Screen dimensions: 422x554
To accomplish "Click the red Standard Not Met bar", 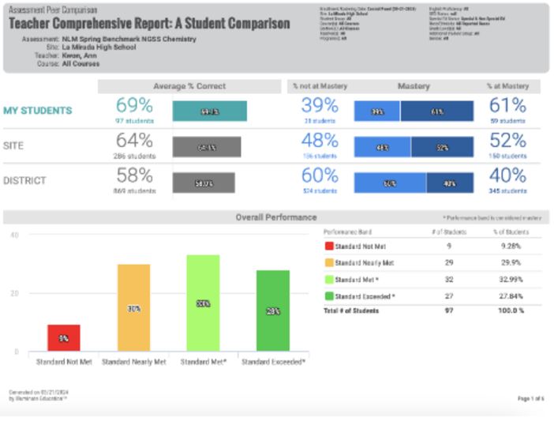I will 64,338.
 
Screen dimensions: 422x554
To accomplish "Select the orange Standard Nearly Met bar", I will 133,307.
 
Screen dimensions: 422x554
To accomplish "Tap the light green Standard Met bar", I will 203,303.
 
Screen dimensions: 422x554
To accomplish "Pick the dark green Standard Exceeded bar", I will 272,311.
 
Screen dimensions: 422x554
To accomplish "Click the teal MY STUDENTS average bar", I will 209,111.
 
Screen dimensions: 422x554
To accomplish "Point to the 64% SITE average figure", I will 133,141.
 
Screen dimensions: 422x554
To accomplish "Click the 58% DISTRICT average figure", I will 133,175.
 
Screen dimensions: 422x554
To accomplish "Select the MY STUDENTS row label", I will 37,111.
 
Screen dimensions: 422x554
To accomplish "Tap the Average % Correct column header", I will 189,86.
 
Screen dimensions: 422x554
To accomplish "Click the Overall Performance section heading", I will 275,217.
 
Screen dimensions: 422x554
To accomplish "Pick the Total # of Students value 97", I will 448,311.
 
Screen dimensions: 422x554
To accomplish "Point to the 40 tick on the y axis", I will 14,235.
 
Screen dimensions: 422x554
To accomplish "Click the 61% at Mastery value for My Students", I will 507,106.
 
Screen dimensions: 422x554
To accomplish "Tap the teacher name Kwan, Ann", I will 80,56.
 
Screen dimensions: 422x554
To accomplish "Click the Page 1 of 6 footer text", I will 530,398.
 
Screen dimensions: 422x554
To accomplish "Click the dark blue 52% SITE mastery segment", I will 442,147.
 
